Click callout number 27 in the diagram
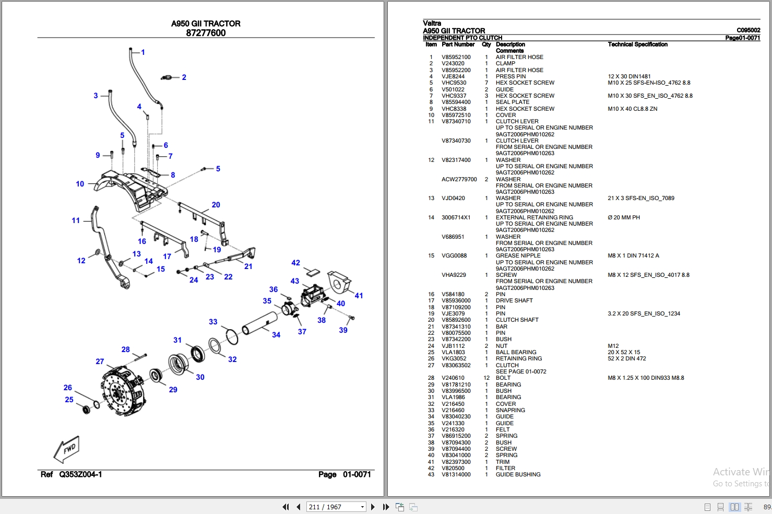pyautogui.click(x=100, y=361)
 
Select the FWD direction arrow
pyautogui.click(x=67, y=449)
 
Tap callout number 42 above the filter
pyautogui.click(x=295, y=263)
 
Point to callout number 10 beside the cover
pyautogui.click(x=80, y=184)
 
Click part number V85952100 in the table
pyautogui.click(x=456, y=57)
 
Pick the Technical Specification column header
pyautogui.click(x=637, y=44)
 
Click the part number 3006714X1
pyautogui.click(x=456, y=218)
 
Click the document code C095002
pyautogui.click(x=748, y=30)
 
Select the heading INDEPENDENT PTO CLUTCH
pyautogui.click(x=462, y=38)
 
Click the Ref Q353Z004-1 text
pyautogui.click(x=72, y=474)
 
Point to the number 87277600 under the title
pyautogui.click(x=206, y=33)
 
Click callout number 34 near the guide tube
pyautogui.click(x=276, y=335)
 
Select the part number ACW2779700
pyautogui.click(x=459, y=180)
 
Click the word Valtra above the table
pyautogui.click(x=432, y=24)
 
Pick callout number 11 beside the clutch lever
pyautogui.click(x=76, y=220)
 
